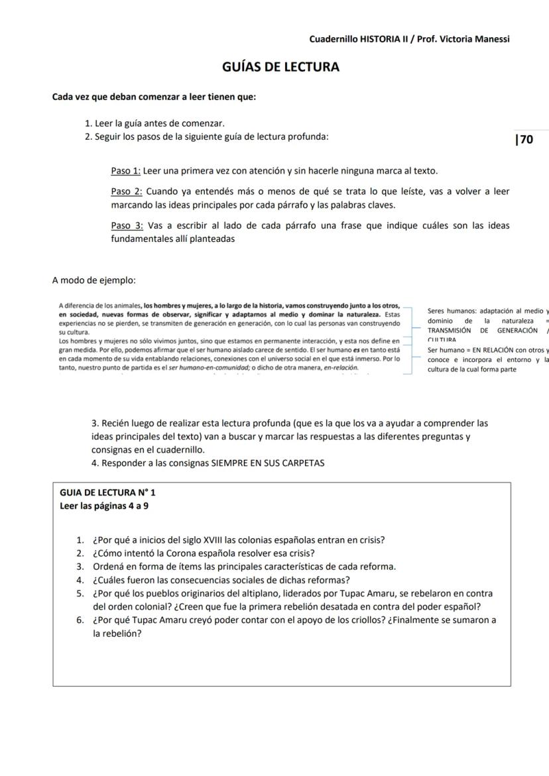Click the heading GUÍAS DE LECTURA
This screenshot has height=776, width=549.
click(x=280, y=67)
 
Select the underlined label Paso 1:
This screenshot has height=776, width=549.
click(x=125, y=171)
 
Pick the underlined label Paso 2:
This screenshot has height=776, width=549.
click(x=125, y=192)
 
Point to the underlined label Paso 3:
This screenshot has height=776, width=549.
click(x=125, y=225)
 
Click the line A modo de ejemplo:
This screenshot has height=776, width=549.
click(x=93, y=280)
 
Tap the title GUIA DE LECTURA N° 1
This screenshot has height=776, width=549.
click(x=107, y=492)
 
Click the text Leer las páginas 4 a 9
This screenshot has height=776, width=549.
click(x=103, y=506)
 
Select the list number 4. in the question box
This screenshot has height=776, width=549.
click(x=80, y=580)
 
